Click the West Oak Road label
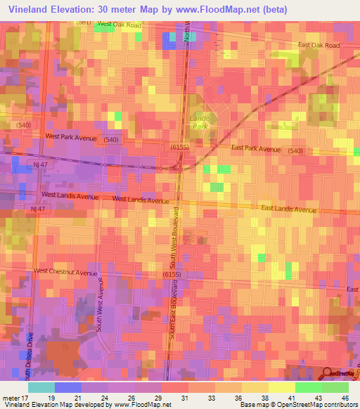(120, 25)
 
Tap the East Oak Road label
(319, 46)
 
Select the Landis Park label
(200, 123)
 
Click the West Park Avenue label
(70, 137)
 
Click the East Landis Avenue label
(289, 209)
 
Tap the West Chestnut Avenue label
(65, 271)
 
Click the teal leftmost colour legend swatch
(41, 387)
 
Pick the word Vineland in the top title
(30, 8)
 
